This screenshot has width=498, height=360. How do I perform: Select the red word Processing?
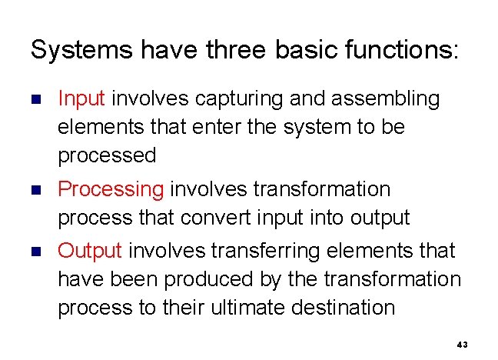coord(111,189)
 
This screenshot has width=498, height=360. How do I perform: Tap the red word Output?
coord(90,251)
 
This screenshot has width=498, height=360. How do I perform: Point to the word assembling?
coord(394,98)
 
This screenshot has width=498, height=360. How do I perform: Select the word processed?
coord(107,155)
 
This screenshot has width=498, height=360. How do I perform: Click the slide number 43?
coord(461,345)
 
